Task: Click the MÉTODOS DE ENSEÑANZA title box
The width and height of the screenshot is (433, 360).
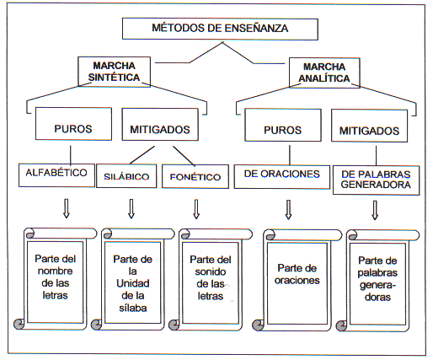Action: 220,29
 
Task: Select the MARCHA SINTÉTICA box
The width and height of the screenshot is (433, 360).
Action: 114,72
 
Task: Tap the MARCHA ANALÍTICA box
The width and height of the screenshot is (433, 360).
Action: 324,73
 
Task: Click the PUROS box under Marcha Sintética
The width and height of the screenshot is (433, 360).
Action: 73,124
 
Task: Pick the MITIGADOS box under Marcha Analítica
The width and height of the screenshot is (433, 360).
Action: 369,126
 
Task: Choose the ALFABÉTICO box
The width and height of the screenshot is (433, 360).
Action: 56,175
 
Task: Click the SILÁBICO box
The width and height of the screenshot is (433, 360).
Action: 126,176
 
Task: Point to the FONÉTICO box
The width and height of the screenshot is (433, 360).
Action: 195,176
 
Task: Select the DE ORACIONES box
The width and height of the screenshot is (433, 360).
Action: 282,177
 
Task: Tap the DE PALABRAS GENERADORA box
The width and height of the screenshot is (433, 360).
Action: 376,180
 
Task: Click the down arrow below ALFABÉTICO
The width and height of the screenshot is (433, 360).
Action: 67,208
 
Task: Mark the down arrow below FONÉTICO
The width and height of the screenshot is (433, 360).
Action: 196,209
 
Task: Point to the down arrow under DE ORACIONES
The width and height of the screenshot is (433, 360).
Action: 288,210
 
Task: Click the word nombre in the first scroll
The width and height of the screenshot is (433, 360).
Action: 56,271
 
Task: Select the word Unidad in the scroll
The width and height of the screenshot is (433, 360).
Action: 133,283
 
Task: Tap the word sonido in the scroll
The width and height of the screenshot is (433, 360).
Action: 211,271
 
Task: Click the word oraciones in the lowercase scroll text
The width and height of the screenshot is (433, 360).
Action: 297,280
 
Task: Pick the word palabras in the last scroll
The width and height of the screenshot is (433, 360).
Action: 377,273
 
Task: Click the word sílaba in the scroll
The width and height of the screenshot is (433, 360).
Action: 133,308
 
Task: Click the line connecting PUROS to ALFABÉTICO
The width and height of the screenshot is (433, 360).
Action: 71,154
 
